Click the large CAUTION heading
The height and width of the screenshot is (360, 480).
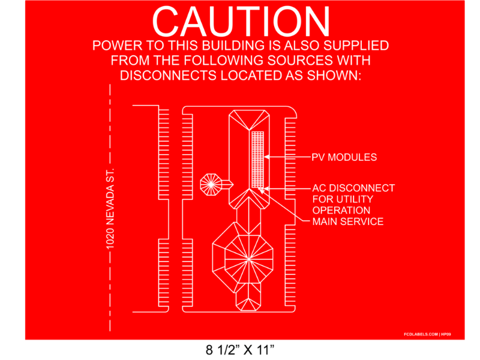pyautogui.click(x=241, y=23)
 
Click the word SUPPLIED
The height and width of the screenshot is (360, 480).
pyautogui.click(x=358, y=46)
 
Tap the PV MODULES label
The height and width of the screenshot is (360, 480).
pyautogui.click(x=344, y=157)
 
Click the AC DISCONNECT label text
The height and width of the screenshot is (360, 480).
pyautogui.click(x=353, y=188)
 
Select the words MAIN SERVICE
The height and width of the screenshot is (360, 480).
pyautogui.click(x=347, y=222)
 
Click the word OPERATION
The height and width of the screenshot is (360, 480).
pyautogui.click(x=341, y=211)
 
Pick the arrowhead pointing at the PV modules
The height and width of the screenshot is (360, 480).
pyautogui.click(x=268, y=157)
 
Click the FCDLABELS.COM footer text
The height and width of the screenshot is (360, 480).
pyautogui.click(x=421, y=334)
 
